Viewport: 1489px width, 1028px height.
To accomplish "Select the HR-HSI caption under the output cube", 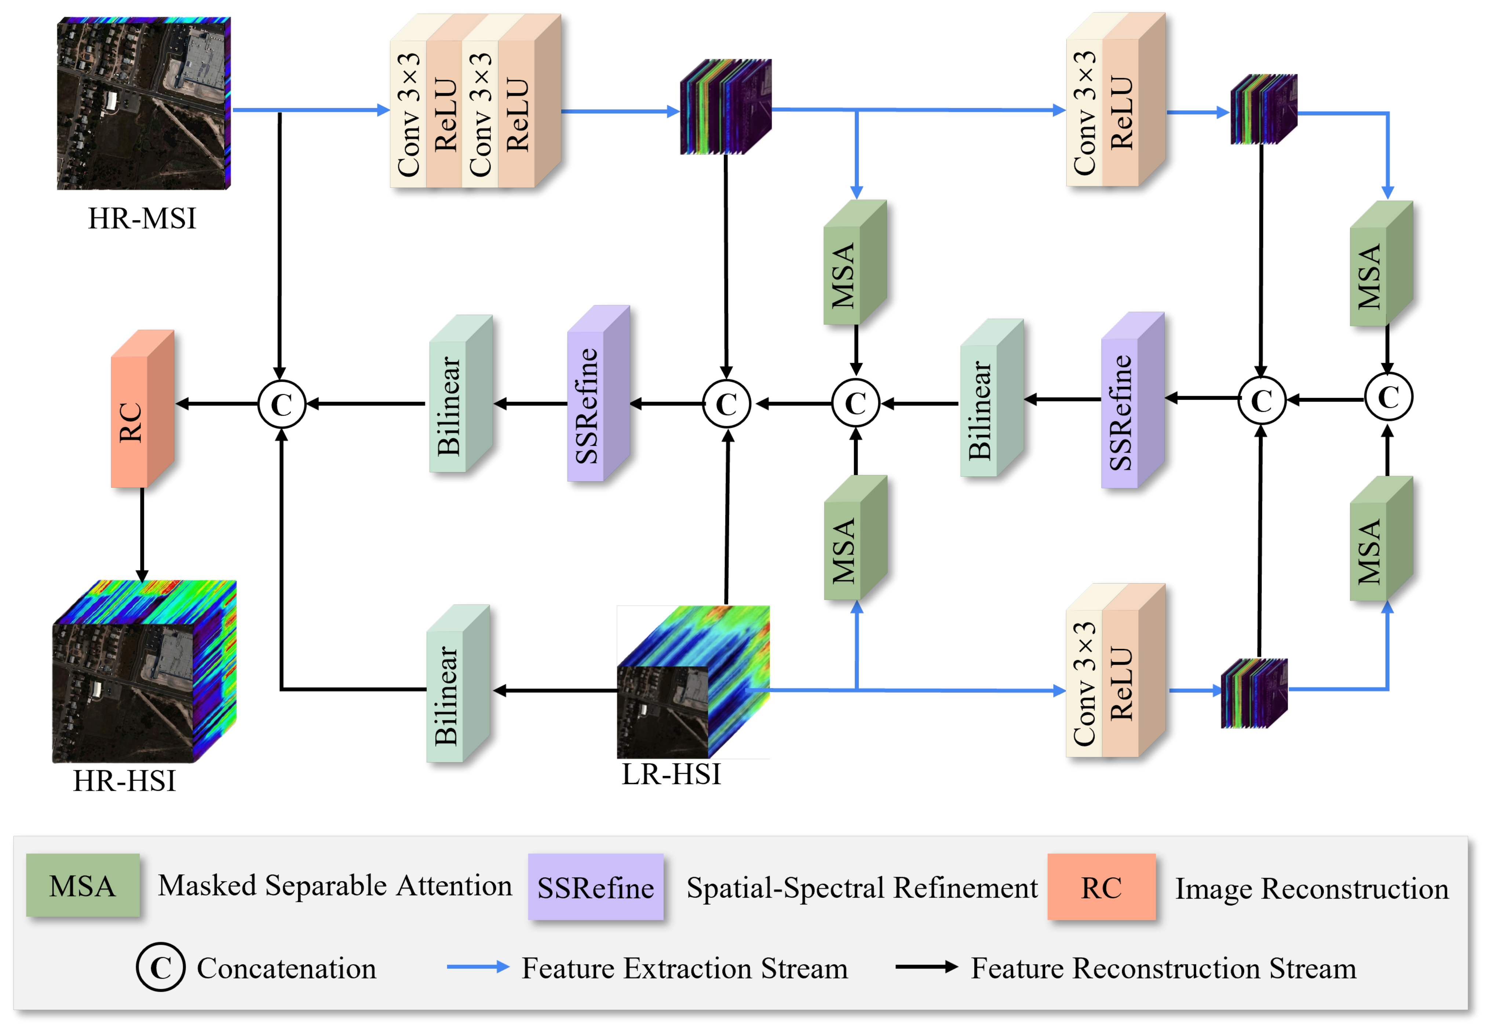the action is coord(124,781).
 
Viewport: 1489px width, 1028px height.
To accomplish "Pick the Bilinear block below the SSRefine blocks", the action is coord(459,684).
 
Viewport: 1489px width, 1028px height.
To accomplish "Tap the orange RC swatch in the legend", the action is coord(1101,887).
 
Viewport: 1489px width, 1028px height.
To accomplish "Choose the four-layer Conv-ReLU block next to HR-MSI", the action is coord(475,101).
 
